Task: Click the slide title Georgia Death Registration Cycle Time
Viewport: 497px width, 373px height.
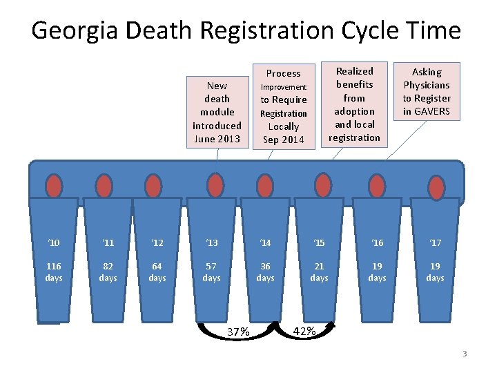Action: point(246,30)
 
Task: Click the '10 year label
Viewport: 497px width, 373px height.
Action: point(54,242)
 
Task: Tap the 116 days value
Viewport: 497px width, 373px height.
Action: point(54,272)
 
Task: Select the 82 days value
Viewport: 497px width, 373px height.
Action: point(108,272)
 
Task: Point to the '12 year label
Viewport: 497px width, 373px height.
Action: point(157,242)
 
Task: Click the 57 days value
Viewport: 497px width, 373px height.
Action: point(211,272)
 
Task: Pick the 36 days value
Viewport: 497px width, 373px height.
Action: point(265,272)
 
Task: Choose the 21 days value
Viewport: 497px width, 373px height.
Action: point(319,272)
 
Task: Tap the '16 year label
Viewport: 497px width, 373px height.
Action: point(377,242)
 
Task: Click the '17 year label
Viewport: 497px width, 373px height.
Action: point(435,242)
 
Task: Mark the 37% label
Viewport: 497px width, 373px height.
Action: point(238,332)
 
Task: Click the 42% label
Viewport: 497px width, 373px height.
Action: point(304,331)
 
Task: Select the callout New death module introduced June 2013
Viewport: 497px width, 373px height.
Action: point(217,112)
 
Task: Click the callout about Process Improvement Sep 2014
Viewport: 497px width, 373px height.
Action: point(284,106)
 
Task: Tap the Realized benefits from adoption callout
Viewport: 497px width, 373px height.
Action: point(354,104)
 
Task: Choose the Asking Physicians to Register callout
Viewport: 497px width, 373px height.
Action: point(427,92)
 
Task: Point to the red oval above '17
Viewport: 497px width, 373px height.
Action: point(436,186)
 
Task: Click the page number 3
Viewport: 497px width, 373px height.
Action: point(465,354)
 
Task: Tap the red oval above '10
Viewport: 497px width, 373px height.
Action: point(54,186)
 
